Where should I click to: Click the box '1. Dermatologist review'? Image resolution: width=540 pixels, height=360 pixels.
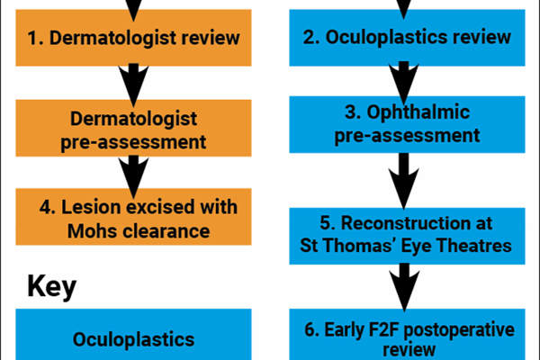click(x=134, y=37)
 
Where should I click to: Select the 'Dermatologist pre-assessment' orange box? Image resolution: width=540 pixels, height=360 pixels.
click(x=134, y=129)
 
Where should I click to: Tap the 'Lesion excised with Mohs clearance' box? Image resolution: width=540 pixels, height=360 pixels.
click(x=134, y=218)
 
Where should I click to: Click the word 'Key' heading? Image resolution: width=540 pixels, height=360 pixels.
click(x=51, y=287)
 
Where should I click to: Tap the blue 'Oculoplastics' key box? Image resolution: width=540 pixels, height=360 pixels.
click(x=134, y=339)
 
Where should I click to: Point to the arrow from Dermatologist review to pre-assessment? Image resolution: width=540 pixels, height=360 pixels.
click(x=134, y=81)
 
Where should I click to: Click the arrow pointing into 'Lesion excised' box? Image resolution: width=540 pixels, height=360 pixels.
click(x=134, y=172)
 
